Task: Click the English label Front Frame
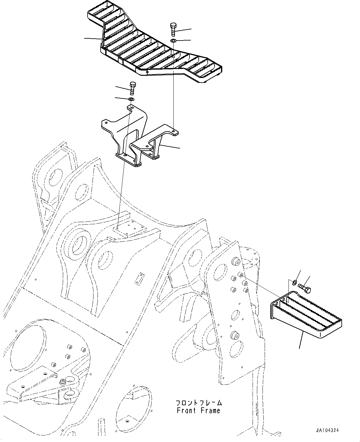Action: (198, 410)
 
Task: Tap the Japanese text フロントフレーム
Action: (198, 403)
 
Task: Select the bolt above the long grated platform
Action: (173, 29)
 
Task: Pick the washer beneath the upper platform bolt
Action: (173, 41)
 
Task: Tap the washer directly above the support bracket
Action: (131, 99)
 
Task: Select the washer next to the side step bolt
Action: (295, 282)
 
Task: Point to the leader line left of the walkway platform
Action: (93, 38)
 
